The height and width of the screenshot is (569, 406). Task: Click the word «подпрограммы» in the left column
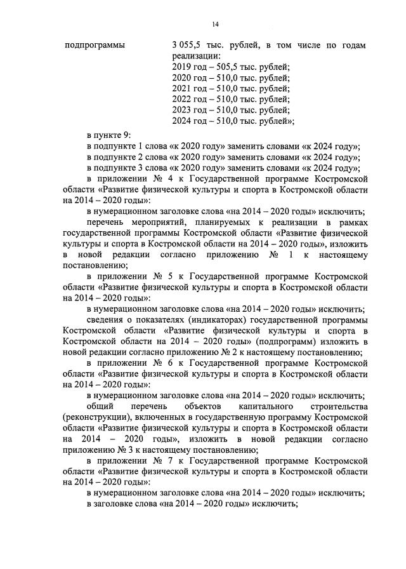click(x=95, y=45)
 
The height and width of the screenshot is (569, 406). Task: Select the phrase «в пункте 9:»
click(x=108, y=135)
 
